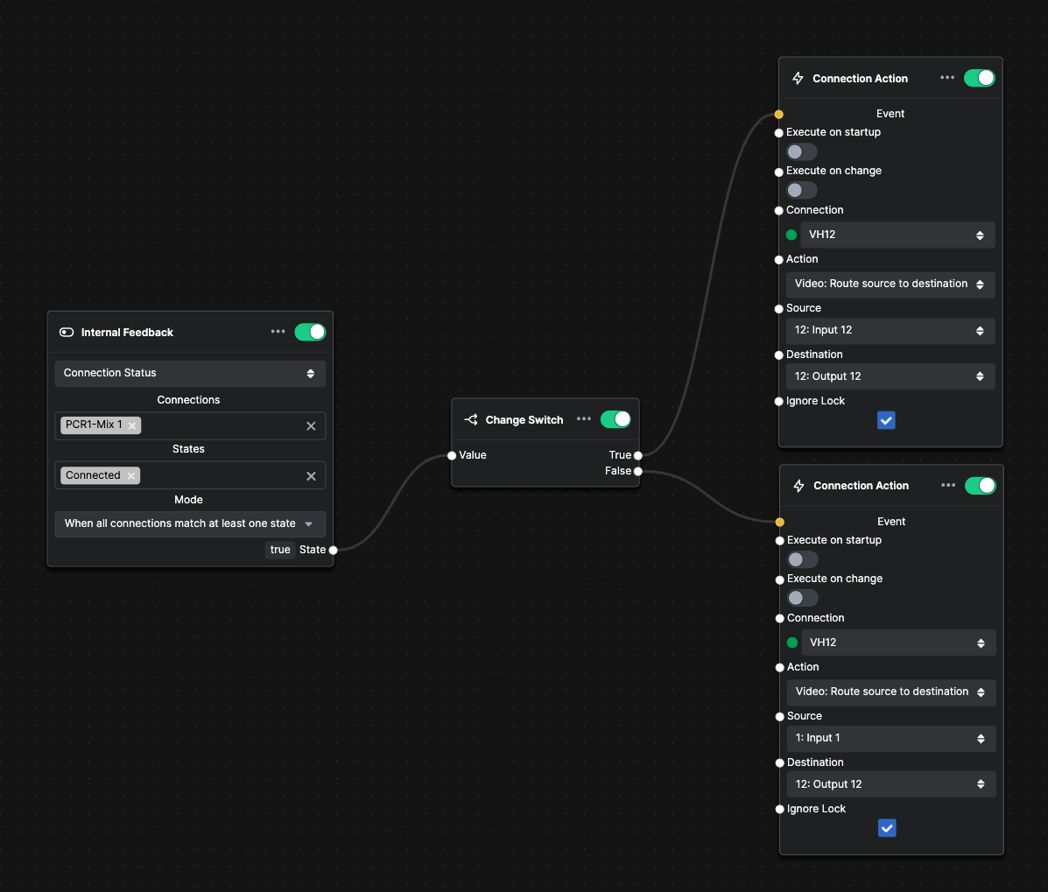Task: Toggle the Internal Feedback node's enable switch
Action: [310, 332]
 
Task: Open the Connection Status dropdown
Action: [190, 374]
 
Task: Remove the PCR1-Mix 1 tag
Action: [132, 425]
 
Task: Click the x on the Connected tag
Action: [131, 475]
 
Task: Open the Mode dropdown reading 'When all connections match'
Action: [190, 523]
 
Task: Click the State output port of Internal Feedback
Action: [333, 550]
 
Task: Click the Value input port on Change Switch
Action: [452, 456]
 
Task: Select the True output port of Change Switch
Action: [638, 456]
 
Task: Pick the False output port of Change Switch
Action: [638, 472]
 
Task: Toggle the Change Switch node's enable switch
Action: [615, 419]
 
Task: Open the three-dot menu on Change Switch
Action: [583, 419]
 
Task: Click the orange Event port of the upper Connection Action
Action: [778, 115]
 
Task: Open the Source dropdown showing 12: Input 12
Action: [890, 331]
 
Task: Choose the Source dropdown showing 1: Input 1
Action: [891, 738]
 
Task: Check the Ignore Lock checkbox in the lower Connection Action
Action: [887, 828]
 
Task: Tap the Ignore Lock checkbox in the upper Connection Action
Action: [886, 420]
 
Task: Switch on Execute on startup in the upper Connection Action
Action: [801, 151]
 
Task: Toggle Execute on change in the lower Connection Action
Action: [802, 598]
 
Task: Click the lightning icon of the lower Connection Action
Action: [798, 486]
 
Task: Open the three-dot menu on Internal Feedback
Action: [278, 332]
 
